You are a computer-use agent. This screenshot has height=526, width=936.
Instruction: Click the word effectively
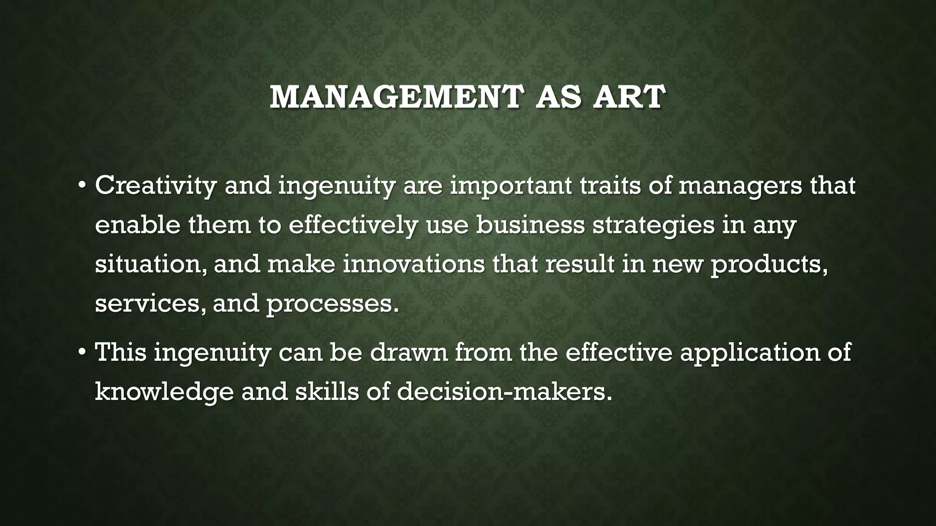353,225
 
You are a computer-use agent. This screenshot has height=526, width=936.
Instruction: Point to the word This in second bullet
121,352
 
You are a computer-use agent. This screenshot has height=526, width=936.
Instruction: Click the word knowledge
165,392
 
